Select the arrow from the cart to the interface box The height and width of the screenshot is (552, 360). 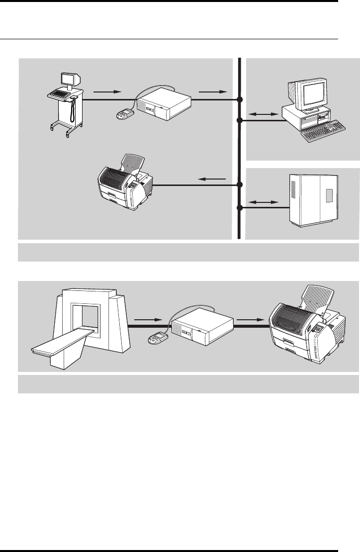pos(106,92)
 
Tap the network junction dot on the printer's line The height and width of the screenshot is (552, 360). pos(240,184)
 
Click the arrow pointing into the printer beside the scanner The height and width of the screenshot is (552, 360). pos(249,317)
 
